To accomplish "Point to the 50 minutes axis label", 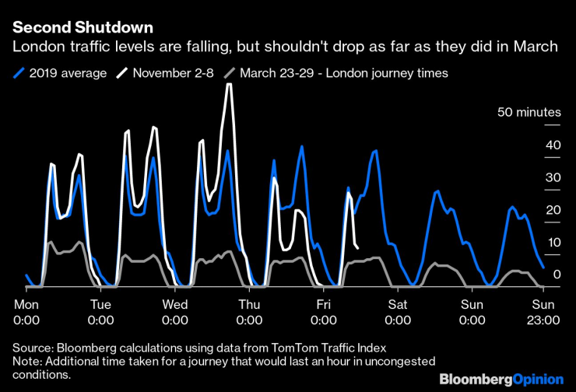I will [x=529, y=113].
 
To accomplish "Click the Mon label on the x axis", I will [x=26, y=304].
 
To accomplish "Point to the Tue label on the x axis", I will [x=100, y=304].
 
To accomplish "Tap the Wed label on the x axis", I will [x=174, y=304].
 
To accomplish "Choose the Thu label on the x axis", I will [x=249, y=304].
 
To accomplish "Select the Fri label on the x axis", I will [x=322, y=304].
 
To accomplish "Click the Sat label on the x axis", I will [x=397, y=304].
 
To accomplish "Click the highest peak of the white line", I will [x=229, y=84].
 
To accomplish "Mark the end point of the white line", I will [x=357, y=247].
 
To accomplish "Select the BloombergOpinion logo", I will [x=500, y=379].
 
